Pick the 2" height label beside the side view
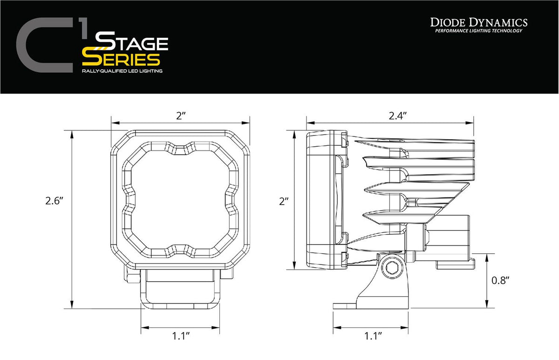pyautogui.click(x=285, y=202)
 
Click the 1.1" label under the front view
pyautogui.click(x=181, y=335)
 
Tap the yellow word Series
pyautogui.click(x=121, y=59)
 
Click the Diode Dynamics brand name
pyautogui.click(x=478, y=22)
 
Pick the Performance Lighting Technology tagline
pyautogui.click(x=478, y=31)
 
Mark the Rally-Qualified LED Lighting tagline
pyautogui.click(x=122, y=71)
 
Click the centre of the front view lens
pyautogui.click(x=181, y=201)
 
